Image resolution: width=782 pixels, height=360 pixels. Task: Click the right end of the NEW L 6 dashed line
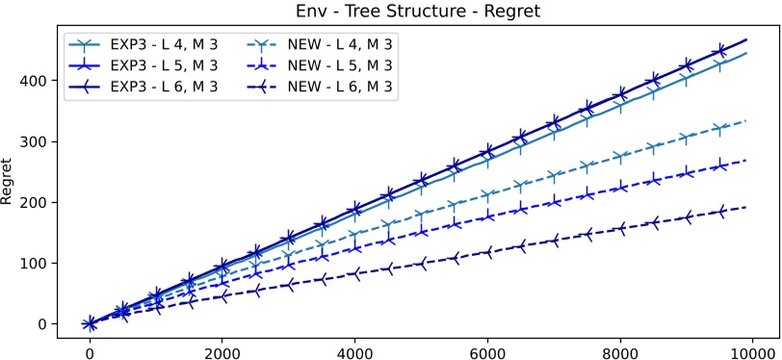coord(746,207)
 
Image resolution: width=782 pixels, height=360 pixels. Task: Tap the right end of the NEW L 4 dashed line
coord(746,121)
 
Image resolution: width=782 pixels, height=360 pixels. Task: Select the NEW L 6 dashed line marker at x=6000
coord(487,252)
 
